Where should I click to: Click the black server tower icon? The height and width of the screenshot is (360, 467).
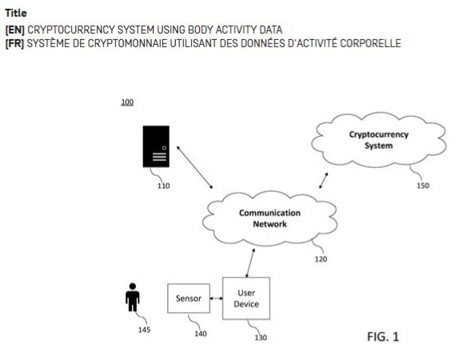(x=156, y=146)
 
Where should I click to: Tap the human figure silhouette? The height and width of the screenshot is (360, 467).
(x=132, y=297)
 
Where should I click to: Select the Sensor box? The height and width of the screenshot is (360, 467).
(x=189, y=298)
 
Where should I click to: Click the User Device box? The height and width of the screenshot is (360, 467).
(x=246, y=298)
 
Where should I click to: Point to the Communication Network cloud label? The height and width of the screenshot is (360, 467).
(x=269, y=218)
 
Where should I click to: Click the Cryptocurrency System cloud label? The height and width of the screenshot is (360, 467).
(x=378, y=140)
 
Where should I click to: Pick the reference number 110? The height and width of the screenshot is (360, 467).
(x=163, y=186)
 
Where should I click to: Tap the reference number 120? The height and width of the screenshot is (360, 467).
(x=321, y=259)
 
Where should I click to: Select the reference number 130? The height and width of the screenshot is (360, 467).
(x=261, y=338)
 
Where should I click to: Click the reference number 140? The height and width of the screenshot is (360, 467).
(x=201, y=334)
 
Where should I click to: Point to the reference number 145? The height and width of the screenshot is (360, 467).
(x=144, y=330)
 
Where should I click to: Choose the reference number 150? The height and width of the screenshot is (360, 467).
(x=423, y=186)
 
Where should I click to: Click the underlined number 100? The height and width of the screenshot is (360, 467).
(x=127, y=102)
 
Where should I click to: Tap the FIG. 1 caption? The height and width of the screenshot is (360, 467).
(x=383, y=337)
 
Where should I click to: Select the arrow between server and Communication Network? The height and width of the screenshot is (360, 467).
(x=195, y=167)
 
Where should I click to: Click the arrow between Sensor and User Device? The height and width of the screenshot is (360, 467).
(x=216, y=298)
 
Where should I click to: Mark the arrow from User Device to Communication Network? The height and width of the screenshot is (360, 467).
(x=250, y=263)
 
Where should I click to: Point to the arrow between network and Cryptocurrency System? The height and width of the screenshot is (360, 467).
(x=323, y=181)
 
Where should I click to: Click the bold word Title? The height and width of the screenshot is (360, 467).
(x=16, y=13)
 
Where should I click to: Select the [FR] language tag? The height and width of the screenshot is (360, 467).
(x=14, y=43)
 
